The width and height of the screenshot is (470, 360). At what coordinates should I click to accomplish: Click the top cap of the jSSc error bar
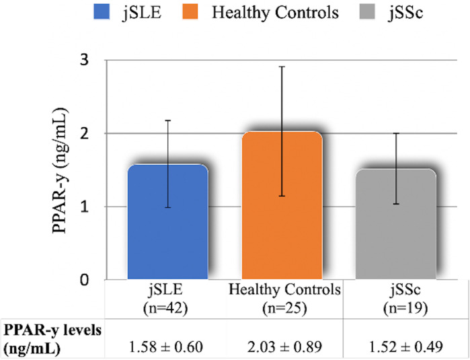coord(397,133)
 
